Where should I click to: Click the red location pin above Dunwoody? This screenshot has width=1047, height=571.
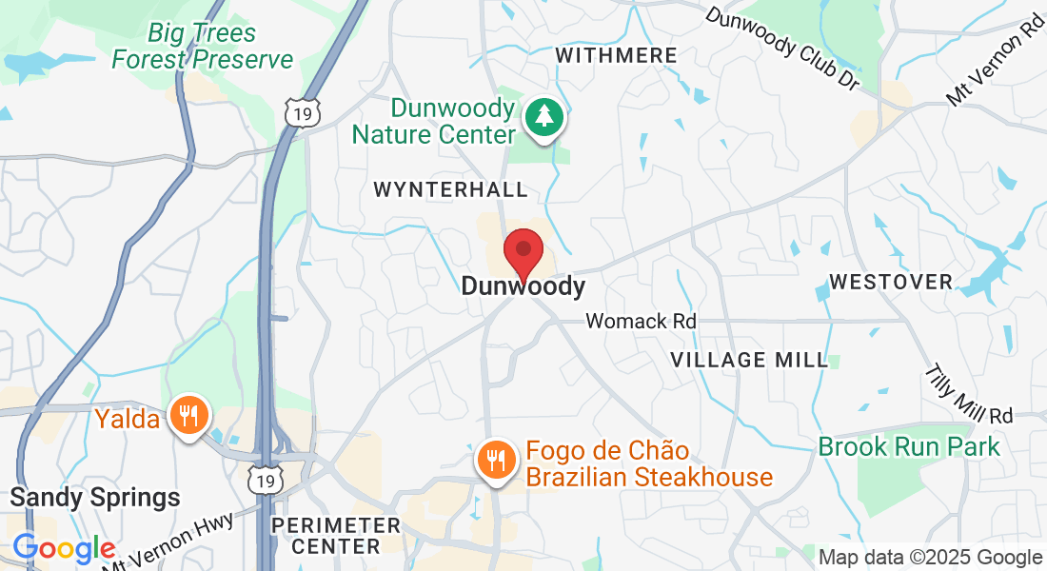point(523,252)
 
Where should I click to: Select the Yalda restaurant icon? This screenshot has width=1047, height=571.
point(189,416)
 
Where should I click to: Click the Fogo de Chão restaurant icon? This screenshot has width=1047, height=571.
point(496,462)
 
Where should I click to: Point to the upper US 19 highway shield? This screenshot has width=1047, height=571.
point(302,112)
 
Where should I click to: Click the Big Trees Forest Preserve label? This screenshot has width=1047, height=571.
point(202,47)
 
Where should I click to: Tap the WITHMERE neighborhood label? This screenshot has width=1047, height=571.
point(616,55)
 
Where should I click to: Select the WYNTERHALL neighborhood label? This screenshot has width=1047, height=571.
point(450,189)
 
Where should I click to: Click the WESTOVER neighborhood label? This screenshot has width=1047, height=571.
point(890,282)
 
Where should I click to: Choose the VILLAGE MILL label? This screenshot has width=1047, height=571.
point(749,360)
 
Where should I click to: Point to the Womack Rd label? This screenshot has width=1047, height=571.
point(641,321)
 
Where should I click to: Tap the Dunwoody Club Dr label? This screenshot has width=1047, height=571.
point(782,49)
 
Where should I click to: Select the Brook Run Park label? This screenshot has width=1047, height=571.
point(909,446)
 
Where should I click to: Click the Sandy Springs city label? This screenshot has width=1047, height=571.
point(94,497)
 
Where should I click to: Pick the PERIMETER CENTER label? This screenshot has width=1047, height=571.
point(335,536)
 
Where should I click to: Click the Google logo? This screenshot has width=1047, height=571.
point(64,549)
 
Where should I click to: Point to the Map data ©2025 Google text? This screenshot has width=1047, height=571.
point(930,558)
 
